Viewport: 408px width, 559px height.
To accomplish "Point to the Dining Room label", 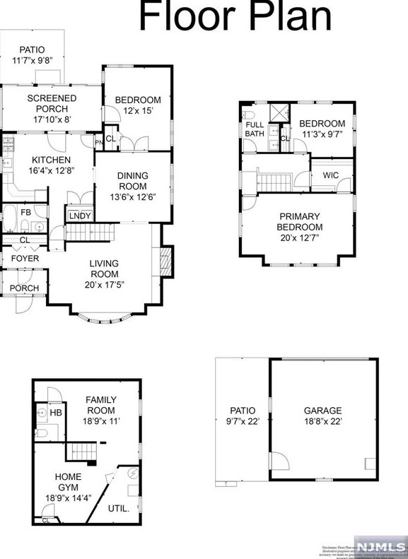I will tap(132, 185).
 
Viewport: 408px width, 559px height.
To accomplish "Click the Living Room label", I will tap(104, 274).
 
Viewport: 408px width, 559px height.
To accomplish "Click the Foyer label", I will tap(24, 259).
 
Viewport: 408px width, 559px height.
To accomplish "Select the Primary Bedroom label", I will tap(300, 227).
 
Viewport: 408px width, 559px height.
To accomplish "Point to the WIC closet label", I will tap(331, 175).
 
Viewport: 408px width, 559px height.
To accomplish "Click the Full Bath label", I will tap(254, 129).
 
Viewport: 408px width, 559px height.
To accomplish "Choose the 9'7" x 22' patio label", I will tap(242, 416).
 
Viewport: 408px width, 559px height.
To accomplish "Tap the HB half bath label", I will tap(55, 412).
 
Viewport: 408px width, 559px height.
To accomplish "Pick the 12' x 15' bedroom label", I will tap(138, 105).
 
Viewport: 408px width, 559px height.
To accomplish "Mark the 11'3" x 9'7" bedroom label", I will tap(322, 129).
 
